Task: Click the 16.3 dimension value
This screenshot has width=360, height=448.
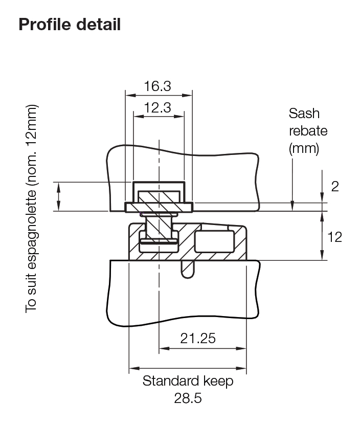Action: coord(157,86)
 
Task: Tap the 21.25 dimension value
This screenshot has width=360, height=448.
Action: coord(197,338)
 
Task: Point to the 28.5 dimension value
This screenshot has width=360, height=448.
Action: coord(188,398)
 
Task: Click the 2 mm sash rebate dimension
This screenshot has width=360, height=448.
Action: coord(335,186)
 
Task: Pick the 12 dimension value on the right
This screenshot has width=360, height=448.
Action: coord(334,237)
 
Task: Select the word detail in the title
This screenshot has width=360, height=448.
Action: coord(101,24)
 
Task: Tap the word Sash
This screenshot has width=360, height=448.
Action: coord(304,113)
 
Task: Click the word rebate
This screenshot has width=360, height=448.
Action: coord(308,131)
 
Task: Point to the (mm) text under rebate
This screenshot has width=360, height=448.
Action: coord(304,149)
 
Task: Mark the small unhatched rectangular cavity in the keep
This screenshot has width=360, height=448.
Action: coord(214,241)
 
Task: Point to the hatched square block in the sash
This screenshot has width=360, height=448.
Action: coord(159,197)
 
